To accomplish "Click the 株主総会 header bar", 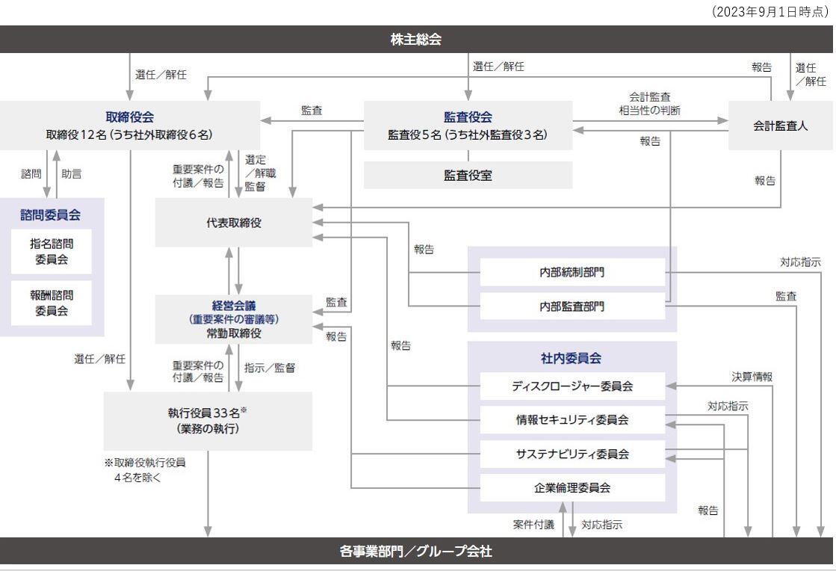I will pos(417,40).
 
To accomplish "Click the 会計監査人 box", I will pos(780,126).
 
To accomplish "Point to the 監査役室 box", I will pos(468,176).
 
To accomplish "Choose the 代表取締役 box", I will pos(234,223).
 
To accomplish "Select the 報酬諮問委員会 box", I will pos(52,303).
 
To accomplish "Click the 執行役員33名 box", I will pos(208,421).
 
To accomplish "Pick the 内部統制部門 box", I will pos(572,273).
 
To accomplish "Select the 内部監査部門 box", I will pos(572,306).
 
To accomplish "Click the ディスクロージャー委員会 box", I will pos(572,386).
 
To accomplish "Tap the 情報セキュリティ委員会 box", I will pos(572,420).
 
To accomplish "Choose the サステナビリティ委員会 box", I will pos(572,454).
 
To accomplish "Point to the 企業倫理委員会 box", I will pos(572,487).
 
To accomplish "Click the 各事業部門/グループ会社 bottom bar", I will pos(417,552).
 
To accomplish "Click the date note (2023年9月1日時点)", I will pos(770,12).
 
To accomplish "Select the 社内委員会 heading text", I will pos(572,358).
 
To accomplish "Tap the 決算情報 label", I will pos(752,377).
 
